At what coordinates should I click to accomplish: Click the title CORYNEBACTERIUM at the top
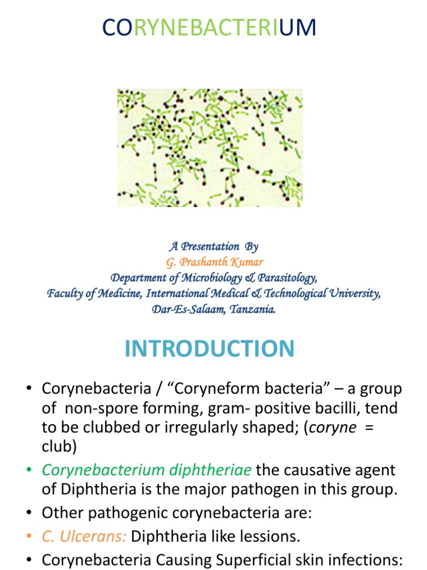[210, 28]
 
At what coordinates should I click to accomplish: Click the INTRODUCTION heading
[210, 349]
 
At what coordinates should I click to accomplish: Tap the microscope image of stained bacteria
[210, 148]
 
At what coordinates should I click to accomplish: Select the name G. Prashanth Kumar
[214, 262]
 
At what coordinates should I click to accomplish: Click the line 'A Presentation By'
[214, 247]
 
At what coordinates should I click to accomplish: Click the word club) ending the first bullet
[57, 449]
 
